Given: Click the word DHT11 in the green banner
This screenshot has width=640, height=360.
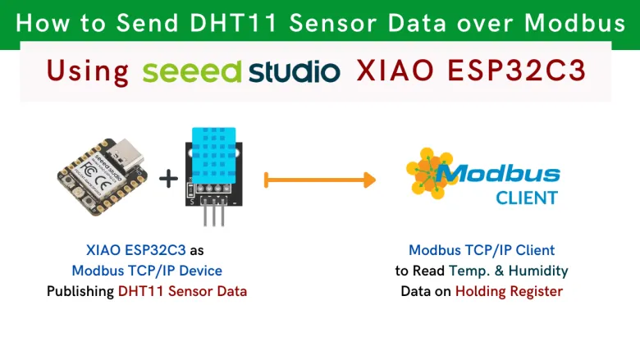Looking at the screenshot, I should click(221, 23).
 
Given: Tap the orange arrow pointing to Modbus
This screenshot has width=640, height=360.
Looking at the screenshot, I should click(320, 179).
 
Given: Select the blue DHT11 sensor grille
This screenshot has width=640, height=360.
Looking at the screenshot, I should click(216, 153).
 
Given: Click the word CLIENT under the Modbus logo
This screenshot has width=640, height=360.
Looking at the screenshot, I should click(526, 198).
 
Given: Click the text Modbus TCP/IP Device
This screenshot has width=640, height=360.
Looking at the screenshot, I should click(147, 270).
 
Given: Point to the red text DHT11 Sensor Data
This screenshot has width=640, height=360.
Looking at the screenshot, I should click(182, 290).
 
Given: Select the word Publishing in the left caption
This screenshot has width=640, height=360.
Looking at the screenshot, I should click(80, 290).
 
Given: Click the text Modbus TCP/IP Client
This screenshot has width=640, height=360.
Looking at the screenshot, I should click(482, 249).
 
